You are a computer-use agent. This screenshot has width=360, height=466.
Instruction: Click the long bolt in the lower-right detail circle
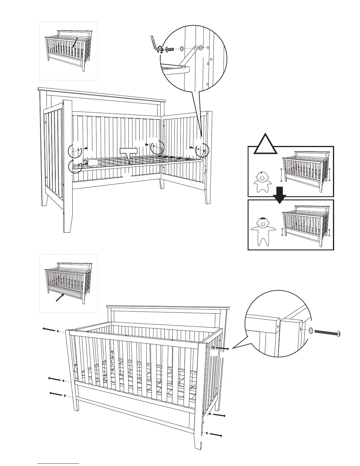coord(328,332)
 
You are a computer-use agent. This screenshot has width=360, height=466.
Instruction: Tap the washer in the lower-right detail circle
coord(311,331)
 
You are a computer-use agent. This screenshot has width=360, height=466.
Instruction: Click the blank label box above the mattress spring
coord(129,151)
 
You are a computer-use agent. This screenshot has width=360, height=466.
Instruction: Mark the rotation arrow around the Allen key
coord(160,49)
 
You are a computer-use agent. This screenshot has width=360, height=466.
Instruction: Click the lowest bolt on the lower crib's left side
coord(56,394)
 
